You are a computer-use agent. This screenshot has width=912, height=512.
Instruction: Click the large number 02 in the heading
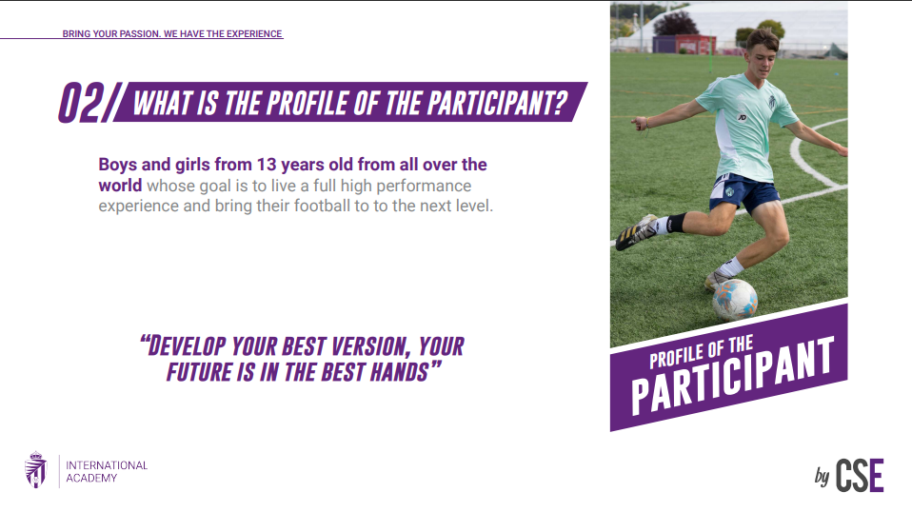(82, 103)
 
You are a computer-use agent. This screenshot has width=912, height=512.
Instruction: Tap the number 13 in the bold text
(267, 165)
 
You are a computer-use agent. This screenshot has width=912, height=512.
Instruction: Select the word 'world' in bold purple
(120, 186)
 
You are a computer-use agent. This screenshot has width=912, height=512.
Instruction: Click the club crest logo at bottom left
(36, 469)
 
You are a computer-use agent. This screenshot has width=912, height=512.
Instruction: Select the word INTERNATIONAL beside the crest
(107, 465)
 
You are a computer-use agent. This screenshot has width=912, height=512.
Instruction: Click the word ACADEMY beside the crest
(91, 479)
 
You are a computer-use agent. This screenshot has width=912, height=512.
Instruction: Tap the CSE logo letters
(860, 476)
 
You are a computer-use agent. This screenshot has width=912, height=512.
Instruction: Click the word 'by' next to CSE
(822, 477)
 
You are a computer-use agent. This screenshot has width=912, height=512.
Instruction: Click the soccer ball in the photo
(735, 300)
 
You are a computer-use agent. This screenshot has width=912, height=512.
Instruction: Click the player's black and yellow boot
(636, 232)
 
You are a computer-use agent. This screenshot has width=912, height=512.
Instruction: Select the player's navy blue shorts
(743, 192)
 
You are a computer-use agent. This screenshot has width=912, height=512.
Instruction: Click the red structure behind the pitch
(695, 44)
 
